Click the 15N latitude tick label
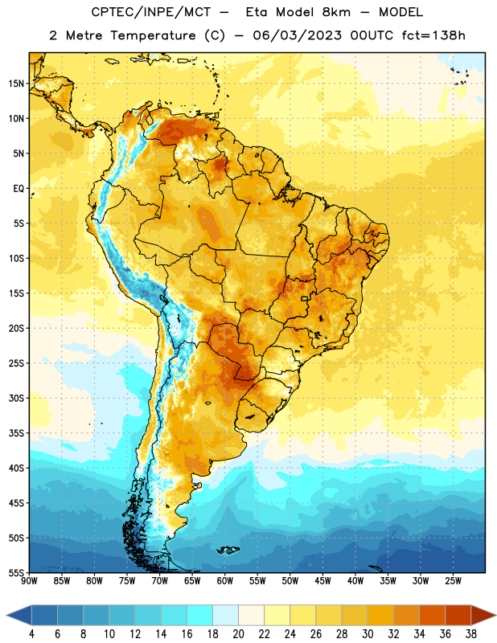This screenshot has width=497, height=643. [x=16, y=84]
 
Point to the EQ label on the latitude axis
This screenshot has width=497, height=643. [x=18, y=189]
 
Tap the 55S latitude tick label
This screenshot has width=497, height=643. [x=16, y=572]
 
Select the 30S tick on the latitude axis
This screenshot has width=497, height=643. [x=16, y=398]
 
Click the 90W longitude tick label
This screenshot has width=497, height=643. [x=29, y=580]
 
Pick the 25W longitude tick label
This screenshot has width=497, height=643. [x=453, y=580]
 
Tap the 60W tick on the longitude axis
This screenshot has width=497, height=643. [x=225, y=580]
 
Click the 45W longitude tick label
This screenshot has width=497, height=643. [x=323, y=580]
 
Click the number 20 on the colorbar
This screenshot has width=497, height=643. [x=238, y=634]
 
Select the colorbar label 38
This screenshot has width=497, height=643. [x=471, y=634]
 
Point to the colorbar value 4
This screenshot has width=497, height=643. [x=31, y=634]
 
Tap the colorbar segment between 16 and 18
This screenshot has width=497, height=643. [x=199, y=615]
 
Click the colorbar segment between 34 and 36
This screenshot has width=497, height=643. [x=432, y=615]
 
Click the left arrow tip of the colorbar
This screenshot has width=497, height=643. [x=6, y=615]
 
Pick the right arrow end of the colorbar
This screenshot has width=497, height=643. [x=495, y=615]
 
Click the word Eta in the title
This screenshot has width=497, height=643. [x=257, y=12]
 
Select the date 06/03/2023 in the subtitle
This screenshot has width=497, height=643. [x=297, y=35]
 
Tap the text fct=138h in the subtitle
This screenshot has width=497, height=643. [x=433, y=35]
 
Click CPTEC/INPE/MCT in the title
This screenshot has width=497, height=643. [x=151, y=12]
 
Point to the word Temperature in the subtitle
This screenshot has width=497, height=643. [x=153, y=36]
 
